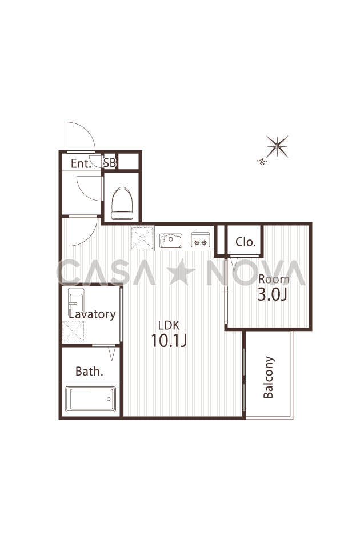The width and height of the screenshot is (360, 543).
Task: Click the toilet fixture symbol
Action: click(122, 203)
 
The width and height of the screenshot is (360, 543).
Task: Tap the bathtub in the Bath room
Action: click(91, 399)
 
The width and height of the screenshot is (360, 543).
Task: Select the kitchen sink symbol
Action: click(170, 240)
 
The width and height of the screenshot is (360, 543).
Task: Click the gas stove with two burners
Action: click(201, 239)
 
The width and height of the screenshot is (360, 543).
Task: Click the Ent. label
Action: click(81, 163)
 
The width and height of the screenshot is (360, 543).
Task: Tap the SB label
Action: click(110, 163)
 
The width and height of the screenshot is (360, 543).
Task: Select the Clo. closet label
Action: click(245, 242)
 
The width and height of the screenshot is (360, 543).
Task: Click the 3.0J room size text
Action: click(273, 294)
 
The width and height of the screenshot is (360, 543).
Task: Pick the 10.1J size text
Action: click(169, 341)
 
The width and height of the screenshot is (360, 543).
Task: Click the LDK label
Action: click(169, 325)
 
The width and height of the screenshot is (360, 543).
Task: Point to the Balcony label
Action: click(269, 377)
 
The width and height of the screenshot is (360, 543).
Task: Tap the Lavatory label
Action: click(92, 314)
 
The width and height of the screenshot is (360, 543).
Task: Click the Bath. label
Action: click(89, 372)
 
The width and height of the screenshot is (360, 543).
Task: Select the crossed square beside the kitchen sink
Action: click(142, 238)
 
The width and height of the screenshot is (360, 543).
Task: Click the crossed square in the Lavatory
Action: click(73, 332)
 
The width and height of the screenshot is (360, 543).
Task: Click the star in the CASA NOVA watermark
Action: click(182, 272)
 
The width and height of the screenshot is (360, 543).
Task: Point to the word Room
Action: click(274, 279)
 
